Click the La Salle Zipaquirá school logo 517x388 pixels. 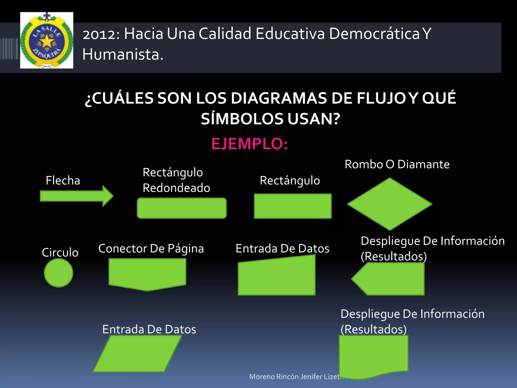pos(47,40)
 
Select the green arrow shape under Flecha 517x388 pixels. pos(76,196)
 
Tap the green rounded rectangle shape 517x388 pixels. pos(182,208)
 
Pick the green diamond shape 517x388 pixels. pos(390,204)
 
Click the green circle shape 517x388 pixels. pos(59,273)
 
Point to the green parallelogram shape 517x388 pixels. pos(138,354)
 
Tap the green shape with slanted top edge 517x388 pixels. pos(277,277)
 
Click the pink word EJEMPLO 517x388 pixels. pos(249,144)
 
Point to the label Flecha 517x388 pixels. pos(63,180)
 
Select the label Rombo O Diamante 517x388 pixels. pos(397,164)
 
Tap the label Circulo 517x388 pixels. pos(60,252)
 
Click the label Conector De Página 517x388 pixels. pos(151,249)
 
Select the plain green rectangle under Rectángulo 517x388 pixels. pos(293,206)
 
